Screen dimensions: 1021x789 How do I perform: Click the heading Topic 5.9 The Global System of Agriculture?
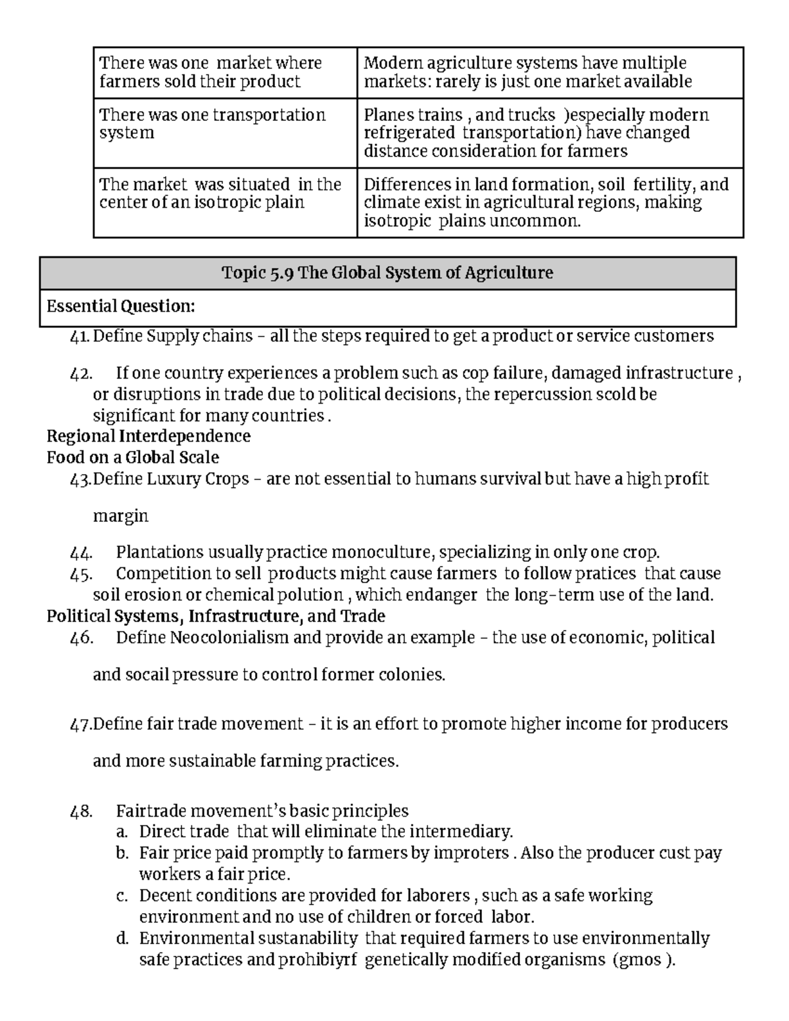tap(387, 272)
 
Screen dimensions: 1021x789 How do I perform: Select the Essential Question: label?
tap(121, 306)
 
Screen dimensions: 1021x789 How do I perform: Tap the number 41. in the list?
tap(80, 337)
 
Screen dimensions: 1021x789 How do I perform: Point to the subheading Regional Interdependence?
tap(149, 437)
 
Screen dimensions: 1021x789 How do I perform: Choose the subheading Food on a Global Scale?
tap(133, 458)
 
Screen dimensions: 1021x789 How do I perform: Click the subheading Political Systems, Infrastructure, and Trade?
tap(216, 616)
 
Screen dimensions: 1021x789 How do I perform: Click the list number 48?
tap(82, 811)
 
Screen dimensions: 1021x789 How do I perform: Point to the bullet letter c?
tap(121, 896)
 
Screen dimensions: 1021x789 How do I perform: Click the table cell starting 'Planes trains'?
tap(549, 133)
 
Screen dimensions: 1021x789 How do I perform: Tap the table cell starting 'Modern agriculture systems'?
tap(549, 72)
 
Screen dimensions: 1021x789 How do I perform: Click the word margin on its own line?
tap(120, 517)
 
